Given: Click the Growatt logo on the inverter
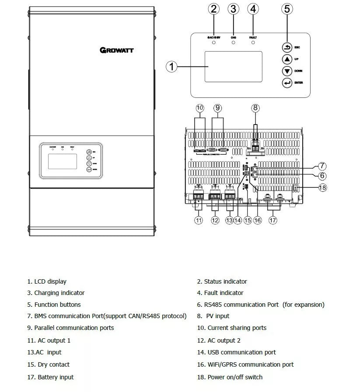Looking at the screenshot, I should point(117,50).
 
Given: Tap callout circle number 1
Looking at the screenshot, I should point(172,66).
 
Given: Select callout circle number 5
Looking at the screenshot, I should point(287,9).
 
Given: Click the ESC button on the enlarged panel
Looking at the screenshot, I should point(287,47).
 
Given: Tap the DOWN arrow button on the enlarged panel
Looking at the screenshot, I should point(287,71).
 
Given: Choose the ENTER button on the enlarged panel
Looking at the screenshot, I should point(287,83).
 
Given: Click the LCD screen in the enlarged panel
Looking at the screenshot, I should point(234,66).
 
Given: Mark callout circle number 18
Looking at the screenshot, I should point(323,187).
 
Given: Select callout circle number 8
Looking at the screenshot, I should point(255,108).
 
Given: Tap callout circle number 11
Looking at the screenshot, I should point(199,220).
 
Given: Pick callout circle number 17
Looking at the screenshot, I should point(273,220).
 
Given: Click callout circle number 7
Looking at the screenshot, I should point(322,166).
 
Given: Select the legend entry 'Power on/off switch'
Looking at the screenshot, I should point(235,377).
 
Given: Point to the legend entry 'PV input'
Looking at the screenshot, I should point(217,316).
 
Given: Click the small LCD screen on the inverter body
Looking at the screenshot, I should point(63,161).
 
